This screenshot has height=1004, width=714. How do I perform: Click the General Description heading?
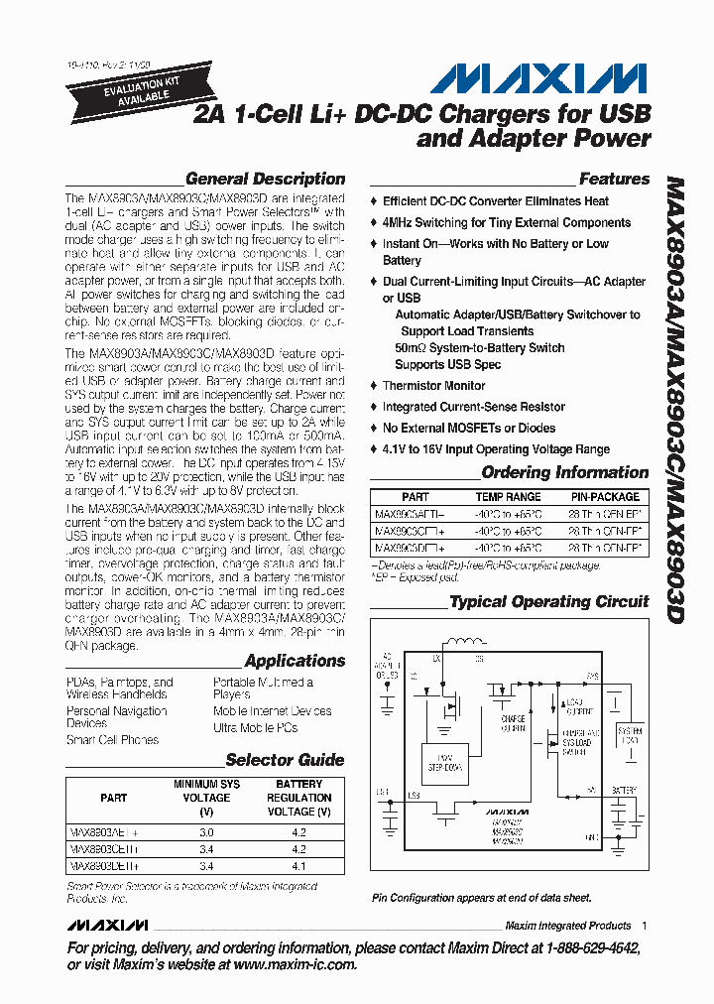[265, 180]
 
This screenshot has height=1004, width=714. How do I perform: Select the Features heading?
[614, 180]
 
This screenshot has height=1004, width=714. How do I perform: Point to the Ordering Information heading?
[564, 472]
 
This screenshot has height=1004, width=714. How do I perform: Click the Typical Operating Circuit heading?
[548, 601]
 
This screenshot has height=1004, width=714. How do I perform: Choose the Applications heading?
[295, 661]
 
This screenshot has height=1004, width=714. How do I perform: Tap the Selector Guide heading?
[285, 760]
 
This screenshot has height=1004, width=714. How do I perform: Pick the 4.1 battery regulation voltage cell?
[298, 866]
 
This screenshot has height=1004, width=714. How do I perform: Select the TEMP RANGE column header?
[508, 497]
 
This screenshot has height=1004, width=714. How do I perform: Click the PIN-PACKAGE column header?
[605, 497]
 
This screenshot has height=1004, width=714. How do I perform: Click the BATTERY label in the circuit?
[624, 791]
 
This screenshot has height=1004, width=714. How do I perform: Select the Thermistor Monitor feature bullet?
[433, 386]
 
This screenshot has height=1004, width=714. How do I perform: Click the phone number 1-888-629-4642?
[578, 947]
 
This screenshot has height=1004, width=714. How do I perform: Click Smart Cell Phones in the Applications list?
[112, 740]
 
